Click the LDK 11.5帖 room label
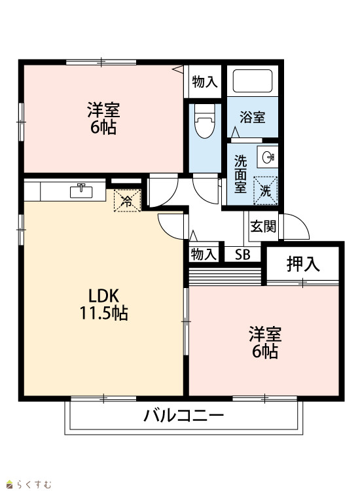pos(103,304)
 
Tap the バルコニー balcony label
pos(184,416)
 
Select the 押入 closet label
pos(302,264)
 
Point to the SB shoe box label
pos(243,255)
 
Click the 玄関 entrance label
pos(263,226)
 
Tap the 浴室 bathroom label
pos(252,117)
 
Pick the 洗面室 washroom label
pos(240,174)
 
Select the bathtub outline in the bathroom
pos(252,81)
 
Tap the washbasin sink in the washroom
pos(268,157)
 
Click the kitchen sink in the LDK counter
pos(81,191)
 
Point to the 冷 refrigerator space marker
pos(127,201)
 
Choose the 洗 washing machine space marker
pos(265,191)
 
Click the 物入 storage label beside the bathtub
pos(205,81)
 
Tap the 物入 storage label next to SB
pos(204,254)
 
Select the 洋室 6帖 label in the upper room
pos(103,118)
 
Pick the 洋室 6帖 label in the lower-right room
pos(265,342)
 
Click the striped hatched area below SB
pos(225,276)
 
